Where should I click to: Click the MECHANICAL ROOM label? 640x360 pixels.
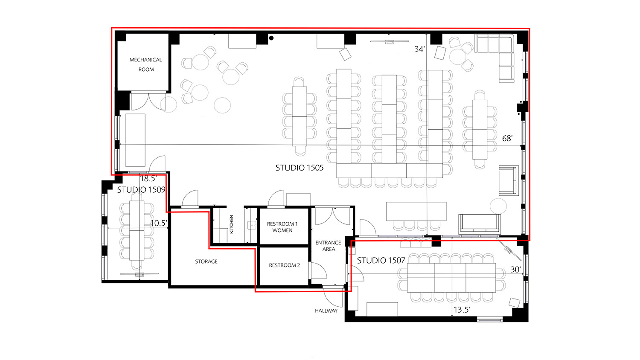pyautogui.click(x=146, y=64)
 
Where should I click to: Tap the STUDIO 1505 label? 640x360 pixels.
pyautogui.click(x=300, y=168)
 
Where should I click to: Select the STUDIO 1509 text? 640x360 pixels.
pyautogui.click(x=141, y=189)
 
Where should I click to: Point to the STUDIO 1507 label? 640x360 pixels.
pyautogui.click(x=381, y=260)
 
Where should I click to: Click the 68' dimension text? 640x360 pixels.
pyautogui.click(x=507, y=138)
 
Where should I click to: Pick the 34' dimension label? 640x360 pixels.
pyautogui.click(x=419, y=49)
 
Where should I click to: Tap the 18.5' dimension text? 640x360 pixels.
pyautogui.click(x=148, y=179)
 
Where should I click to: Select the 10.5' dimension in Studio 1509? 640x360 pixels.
pyautogui.click(x=158, y=223)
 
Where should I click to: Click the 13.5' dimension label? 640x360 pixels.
pyautogui.click(x=462, y=310)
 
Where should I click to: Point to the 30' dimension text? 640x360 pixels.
pyautogui.click(x=515, y=269)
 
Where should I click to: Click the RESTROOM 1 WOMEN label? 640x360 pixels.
pyautogui.click(x=282, y=227)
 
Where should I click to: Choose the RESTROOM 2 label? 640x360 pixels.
pyautogui.click(x=284, y=265)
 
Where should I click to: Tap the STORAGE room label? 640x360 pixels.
pyautogui.click(x=206, y=261)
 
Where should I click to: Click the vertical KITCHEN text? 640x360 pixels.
pyautogui.click(x=232, y=224)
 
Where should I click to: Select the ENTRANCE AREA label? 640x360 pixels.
pyautogui.click(x=328, y=246)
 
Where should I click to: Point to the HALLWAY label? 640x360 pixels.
pyautogui.click(x=326, y=311)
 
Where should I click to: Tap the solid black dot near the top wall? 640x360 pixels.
pyautogui.click(x=271, y=38)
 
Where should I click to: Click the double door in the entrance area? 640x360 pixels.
pyautogui.click(x=332, y=216)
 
